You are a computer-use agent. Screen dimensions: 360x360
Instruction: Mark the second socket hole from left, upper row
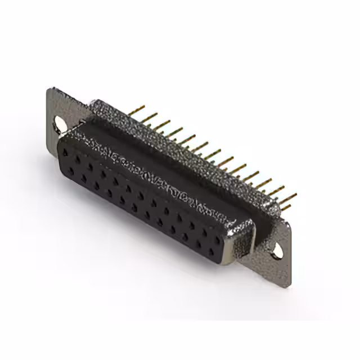78,158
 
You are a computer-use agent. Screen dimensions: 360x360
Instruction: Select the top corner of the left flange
52,90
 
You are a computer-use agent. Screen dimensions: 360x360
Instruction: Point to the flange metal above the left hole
56,104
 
